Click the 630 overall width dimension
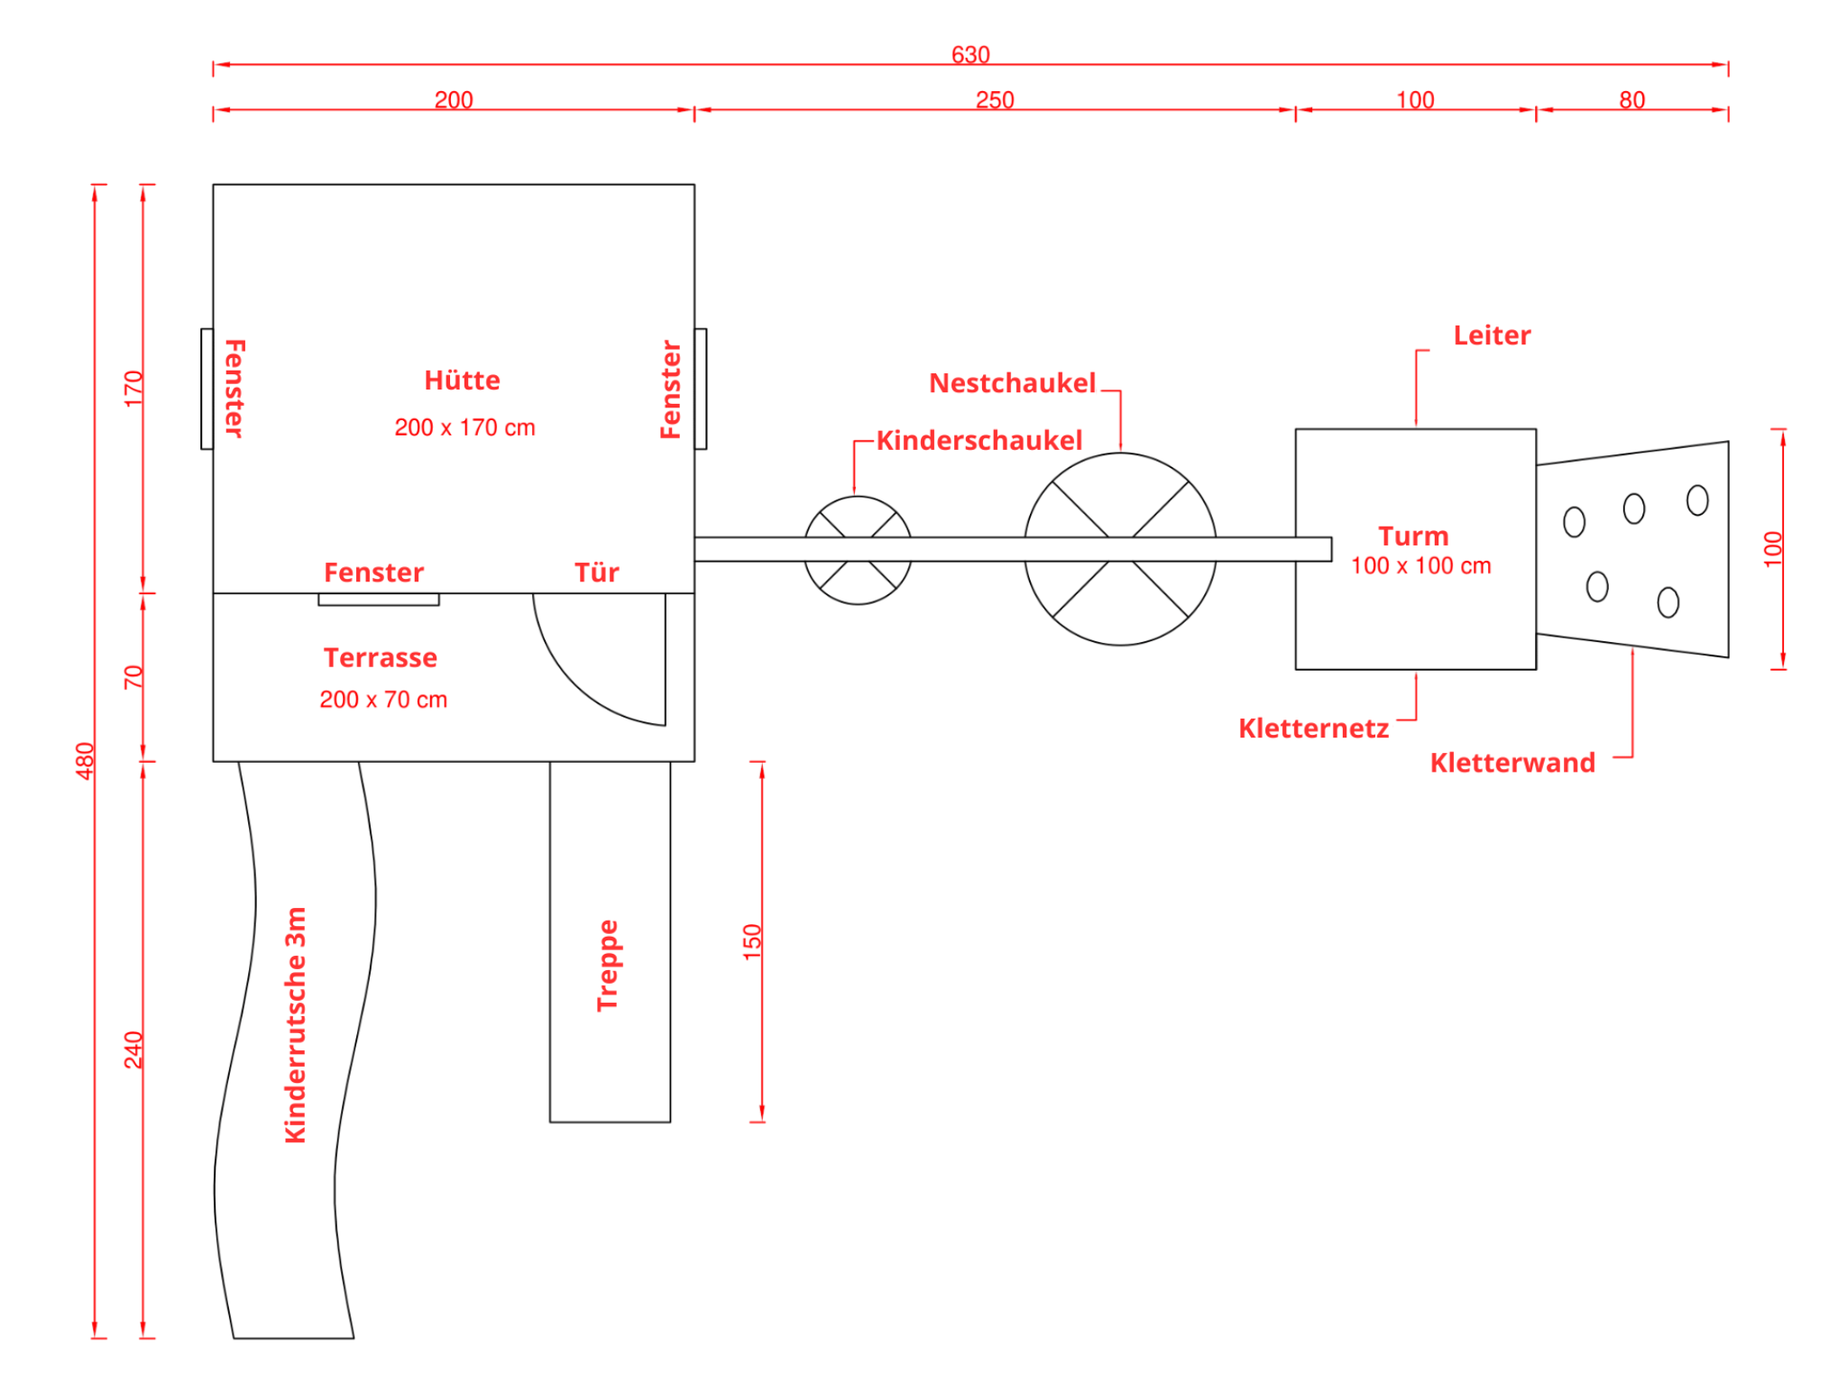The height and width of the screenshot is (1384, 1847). click(970, 55)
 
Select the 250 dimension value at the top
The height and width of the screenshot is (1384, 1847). click(995, 100)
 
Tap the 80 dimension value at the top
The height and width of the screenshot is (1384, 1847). click(1631, 100)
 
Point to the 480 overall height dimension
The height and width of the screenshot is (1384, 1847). click(85, 761)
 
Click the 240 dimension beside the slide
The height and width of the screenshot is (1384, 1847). click(133, 1049)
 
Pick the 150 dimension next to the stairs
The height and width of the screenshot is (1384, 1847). click(752, 941)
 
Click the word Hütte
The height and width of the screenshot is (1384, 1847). click(462, 380)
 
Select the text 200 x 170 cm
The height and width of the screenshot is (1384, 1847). click(464, 427)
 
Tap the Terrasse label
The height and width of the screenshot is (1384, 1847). click(380, 657)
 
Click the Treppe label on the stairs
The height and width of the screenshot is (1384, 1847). click(608, 965)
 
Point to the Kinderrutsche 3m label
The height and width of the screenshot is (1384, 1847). click(295, 1025)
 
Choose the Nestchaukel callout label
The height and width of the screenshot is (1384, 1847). click(1012, 383)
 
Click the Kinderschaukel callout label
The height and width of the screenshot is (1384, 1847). click(979, 440)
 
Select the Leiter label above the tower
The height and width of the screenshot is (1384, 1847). click(1492, 335)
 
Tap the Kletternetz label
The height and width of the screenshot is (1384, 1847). click(1313, 728)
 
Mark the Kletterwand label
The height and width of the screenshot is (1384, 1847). click(1512, 763)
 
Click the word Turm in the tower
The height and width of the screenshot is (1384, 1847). click(1413, 536)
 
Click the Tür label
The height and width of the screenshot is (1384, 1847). click(597, 573)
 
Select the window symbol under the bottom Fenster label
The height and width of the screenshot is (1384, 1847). click(379, 600)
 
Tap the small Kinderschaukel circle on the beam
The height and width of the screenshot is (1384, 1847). click(858, 497)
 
